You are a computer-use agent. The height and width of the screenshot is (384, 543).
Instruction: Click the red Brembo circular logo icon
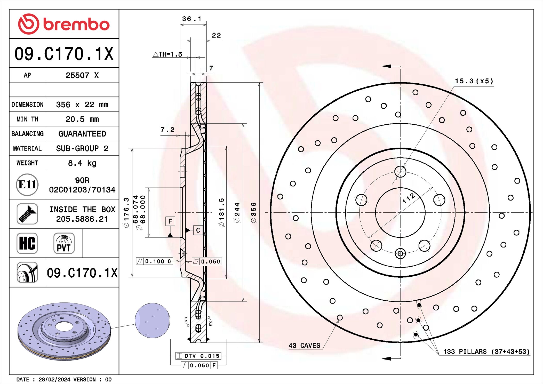(28, 24)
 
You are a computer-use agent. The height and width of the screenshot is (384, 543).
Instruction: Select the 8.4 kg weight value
(82, 163)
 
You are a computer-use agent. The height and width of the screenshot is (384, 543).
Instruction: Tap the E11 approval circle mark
(27, 185)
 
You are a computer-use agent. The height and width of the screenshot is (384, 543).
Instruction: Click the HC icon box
(27, 243)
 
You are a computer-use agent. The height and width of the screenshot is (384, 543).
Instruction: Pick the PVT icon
(64, 243)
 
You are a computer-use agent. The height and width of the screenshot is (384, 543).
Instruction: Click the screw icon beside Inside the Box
(27, 214)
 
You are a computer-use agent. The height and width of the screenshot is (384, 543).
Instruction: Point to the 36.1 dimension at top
(191, 19)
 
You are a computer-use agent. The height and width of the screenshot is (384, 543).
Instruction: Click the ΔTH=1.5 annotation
(168, 54)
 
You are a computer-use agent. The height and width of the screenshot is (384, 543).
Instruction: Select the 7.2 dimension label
(167, 130)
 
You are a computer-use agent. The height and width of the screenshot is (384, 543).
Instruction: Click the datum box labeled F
(170, 221)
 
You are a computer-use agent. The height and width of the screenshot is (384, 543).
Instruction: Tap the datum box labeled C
(198, 230)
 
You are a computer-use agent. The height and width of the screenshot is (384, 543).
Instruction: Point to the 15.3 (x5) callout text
(474, 81)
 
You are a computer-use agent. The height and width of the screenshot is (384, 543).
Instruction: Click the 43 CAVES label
(304, 346)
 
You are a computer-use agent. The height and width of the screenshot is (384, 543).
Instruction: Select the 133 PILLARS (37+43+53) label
(486, 351)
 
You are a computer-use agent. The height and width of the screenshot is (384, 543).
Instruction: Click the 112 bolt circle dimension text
(409, 198)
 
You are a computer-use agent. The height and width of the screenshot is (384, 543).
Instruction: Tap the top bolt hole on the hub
(400, 171)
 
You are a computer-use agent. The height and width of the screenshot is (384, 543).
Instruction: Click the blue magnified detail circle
(152, 321)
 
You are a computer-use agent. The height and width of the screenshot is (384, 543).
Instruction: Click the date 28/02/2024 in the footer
(54, 380)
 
